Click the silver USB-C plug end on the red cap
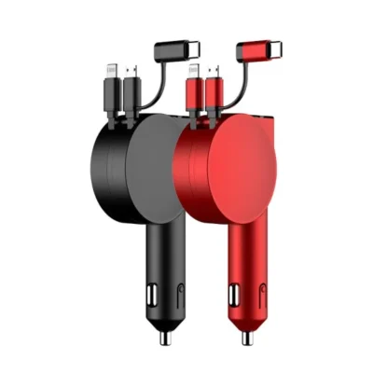click(x=281, y=48)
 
